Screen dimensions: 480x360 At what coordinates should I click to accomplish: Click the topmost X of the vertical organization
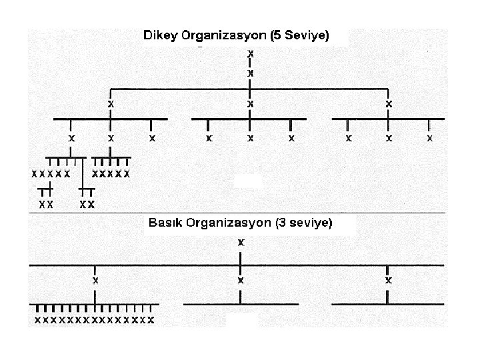pos(250,52)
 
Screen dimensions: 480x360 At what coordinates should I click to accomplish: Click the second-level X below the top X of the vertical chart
pos(250,71)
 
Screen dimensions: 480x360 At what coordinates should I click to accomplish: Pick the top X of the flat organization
pos(241,243)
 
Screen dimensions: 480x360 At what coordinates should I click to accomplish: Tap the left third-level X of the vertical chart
pos(111,105)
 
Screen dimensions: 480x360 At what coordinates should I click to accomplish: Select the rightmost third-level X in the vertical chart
pos(389,105)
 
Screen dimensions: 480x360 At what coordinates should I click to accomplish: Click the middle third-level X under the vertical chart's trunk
pos(250,105)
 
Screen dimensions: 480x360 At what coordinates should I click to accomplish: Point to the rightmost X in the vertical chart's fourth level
pos(429,139)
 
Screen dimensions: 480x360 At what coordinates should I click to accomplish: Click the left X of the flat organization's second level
pos(95,281)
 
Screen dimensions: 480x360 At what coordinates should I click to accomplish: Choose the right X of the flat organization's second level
pos(388,281)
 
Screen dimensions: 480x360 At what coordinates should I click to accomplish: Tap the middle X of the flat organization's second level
pos(241,281)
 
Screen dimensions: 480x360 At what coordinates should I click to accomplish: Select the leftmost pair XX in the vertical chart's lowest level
pos(46,204)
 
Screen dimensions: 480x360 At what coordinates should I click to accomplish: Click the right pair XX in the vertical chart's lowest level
pos(87,204)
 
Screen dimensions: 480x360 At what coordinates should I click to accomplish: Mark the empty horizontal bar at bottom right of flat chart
pos(387,305)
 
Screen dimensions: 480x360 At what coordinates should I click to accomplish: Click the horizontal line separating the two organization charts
pos(240,213)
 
